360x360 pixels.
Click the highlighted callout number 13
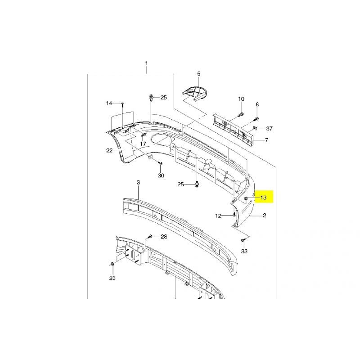(x=263, y=198)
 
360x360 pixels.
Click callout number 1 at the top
(x=147, y=63)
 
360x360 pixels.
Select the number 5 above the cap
(x=199, y=74)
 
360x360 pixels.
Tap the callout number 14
(x=109, y=103)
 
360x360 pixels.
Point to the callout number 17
(x=143, y=144)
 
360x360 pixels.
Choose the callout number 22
(x=109, y=151)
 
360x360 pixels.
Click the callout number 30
(x=161, y=175)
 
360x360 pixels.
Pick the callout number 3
(x=138, y=183)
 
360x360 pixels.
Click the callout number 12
(x=218, y=216)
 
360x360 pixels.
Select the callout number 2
(x=265, y=216)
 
